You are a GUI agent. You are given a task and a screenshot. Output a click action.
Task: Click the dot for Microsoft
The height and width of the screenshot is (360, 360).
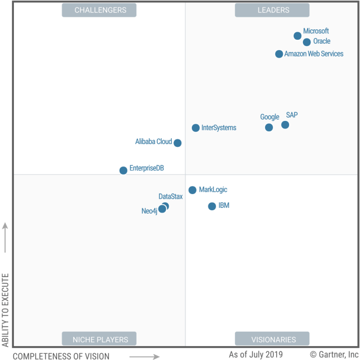pyautogui.click(x=297, y=36)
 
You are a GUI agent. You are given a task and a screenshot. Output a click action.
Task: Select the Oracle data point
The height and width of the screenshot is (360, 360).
pyautogui.click(x=306, y=42)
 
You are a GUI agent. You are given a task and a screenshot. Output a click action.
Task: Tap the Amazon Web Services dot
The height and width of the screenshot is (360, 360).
pyautogui.click(x=279, y=54)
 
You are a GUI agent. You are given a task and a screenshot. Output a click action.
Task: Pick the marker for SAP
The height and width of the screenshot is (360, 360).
pyautogui.click(x=285, y=125)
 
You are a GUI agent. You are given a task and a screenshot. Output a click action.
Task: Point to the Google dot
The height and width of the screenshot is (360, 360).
pyautogui.click(x=269, y=127)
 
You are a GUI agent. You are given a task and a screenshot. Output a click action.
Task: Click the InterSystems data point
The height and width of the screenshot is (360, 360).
pyautogui.click(x=196, y=128)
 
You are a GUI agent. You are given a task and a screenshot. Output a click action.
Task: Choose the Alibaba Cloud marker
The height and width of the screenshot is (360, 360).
pyautogui.click(x=177, y=143)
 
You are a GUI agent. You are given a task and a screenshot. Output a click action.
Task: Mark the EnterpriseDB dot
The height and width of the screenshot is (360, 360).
pyautogui.click(x=123, y=170)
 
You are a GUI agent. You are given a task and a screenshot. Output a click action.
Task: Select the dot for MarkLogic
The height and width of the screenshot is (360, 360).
pyautogui.click(x=192, y=190)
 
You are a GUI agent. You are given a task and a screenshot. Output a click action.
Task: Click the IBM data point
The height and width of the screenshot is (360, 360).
pyautogui.click(x=212, y=206)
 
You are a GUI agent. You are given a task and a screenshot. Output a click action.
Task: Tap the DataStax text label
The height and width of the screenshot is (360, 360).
pyautogui.click(x=170, y=196)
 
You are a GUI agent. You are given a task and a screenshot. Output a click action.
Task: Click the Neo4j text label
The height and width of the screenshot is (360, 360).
pyautogui.click(x=149, y=211)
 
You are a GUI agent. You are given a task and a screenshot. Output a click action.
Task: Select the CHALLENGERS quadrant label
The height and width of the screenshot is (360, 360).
pyautogui.click(x=100, y=10)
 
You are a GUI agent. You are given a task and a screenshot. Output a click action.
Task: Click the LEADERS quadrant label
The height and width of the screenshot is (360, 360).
pyautogui.click(x=272, y=10)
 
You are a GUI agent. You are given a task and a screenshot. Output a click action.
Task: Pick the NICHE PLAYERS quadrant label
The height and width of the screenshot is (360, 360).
pyautogui.click(x=100, y=339)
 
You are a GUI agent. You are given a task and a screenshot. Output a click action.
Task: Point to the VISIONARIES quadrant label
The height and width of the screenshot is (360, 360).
pyautogui.click(x=273, y=339)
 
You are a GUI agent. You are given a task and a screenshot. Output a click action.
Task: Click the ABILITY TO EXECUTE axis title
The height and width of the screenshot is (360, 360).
pyautogui.click(x=6, y=310)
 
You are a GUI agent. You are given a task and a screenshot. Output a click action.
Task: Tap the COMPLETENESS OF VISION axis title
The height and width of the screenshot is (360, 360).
pyautogui.click(x=61, y=356)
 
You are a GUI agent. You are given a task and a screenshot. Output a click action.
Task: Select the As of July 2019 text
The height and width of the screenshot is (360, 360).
pyautogui.click(x=256, y=354)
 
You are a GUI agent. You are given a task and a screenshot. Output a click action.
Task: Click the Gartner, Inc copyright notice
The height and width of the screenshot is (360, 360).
pyautogui.click(x=334, y=354)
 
